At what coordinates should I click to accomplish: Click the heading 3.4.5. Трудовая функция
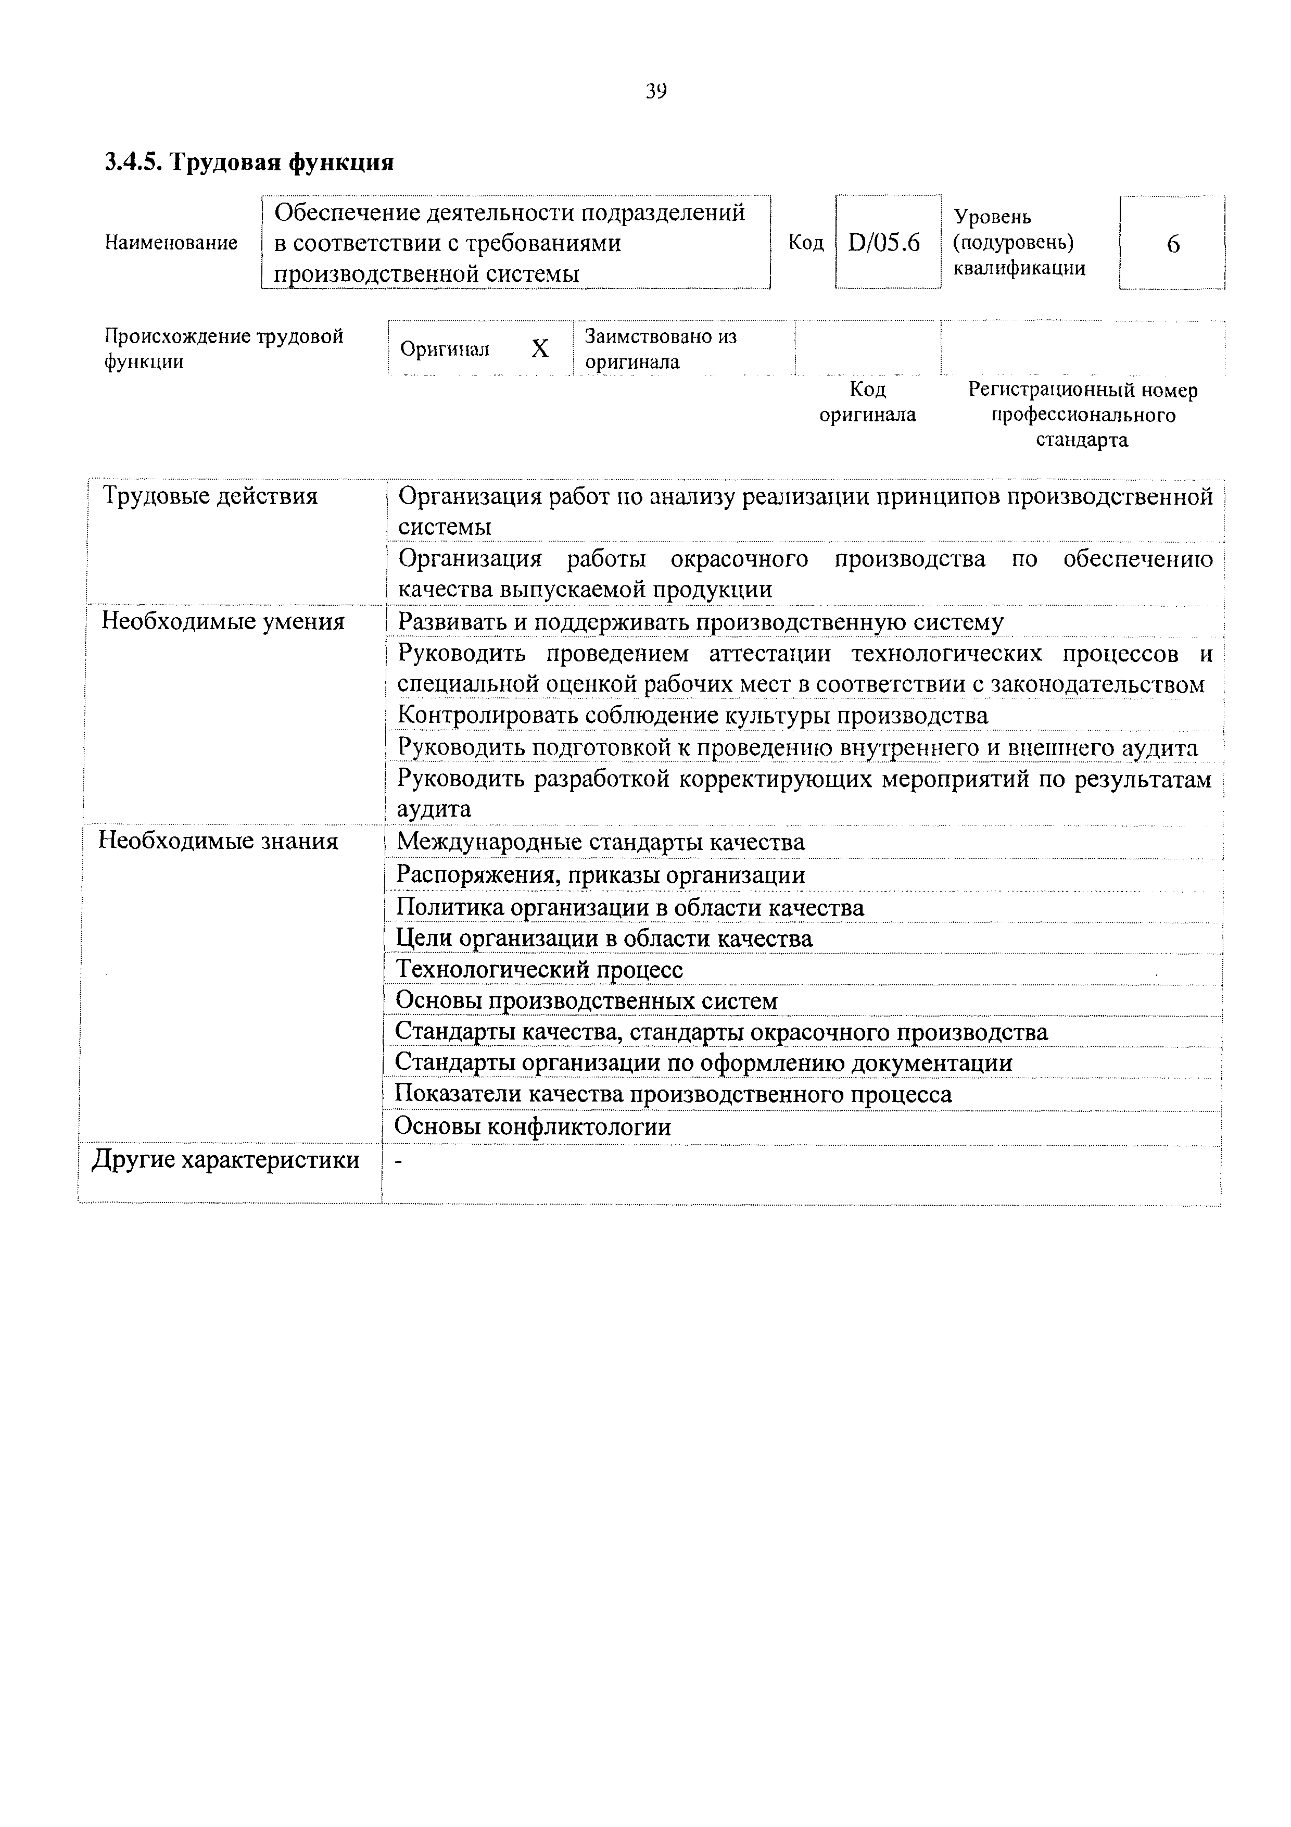tap(249, 162)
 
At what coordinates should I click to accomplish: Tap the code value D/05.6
tap(884, 242)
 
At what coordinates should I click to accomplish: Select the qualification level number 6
tap(1172, 244)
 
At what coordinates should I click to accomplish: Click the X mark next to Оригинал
tap(540, 348)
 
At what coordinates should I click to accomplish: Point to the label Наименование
tap(171, 243)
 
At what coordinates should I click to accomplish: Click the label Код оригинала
tap(867, 402)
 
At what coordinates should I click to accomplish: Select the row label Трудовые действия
tap(210, 496)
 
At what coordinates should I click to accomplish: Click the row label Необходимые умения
tap(223, 621)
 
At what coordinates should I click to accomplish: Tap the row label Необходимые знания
tap(218, 841)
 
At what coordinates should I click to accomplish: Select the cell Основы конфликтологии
tap(533, 1127)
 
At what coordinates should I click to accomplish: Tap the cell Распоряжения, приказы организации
tap(601, 875)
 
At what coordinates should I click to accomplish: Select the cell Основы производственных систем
tap(586, 1001)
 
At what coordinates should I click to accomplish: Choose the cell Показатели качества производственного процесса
tap(673, 1095)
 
